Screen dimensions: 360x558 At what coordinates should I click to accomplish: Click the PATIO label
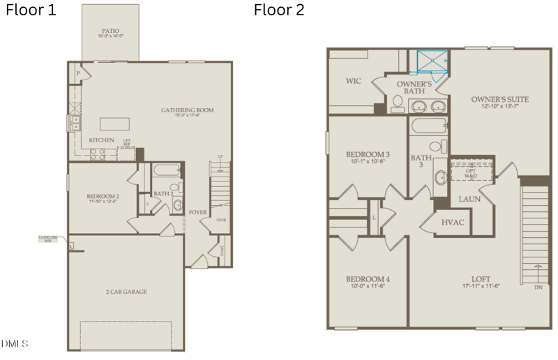[x=110, y=31]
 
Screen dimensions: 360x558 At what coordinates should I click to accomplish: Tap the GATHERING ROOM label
[x=187, y=110]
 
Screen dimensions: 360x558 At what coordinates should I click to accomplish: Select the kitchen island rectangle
[x=114, y=123]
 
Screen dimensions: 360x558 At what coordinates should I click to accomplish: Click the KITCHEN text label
[x=101, y=140]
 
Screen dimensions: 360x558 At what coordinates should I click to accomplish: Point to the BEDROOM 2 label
[x=103, y=197]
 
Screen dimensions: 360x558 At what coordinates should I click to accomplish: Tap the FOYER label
[x=197, y=212]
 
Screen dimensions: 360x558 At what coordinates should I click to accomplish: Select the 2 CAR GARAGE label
[x=126, y=292]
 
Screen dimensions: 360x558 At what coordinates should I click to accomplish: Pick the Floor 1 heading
[x=32, y=10]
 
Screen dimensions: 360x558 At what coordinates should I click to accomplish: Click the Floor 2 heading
[x=279, y=10]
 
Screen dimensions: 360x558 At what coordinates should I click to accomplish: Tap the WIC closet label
[x=354, y=81]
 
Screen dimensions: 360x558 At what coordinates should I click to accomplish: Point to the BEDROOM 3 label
[x=368, y=154]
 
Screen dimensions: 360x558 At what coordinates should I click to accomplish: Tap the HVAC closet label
[x=453, y=223]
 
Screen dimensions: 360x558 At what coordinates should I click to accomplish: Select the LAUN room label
[x=469, y=199]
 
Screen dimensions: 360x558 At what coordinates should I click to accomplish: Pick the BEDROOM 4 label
[x=368, y=280]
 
